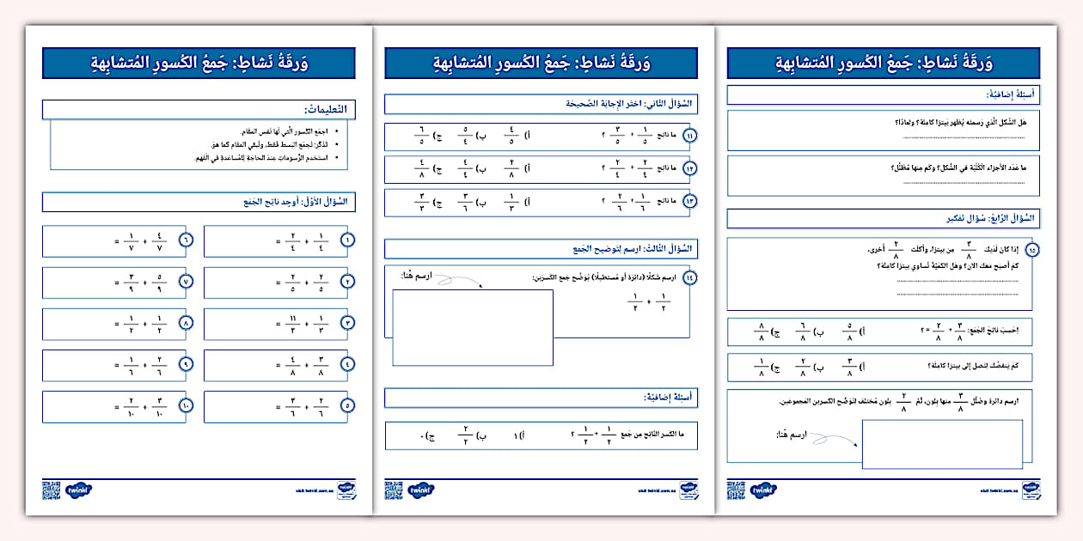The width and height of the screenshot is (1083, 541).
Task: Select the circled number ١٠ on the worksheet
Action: click(x=186, y=406)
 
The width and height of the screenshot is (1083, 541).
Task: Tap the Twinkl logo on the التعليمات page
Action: click(x=79, y=490)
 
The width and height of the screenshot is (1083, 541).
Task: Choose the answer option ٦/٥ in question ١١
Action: click(x=422, y=137)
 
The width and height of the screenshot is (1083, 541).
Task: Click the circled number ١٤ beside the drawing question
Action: click(x=689, y=277)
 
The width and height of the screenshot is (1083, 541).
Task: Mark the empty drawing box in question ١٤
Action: click(x=473, y=327)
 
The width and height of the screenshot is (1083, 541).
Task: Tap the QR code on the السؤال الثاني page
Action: click(x=394, y=489)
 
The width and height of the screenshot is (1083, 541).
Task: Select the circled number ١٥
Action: click(x=1031, y=250)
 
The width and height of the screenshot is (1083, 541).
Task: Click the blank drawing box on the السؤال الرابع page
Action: click(x=942, y=444)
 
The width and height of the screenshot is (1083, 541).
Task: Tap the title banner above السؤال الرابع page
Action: click(x=883, y=64)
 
